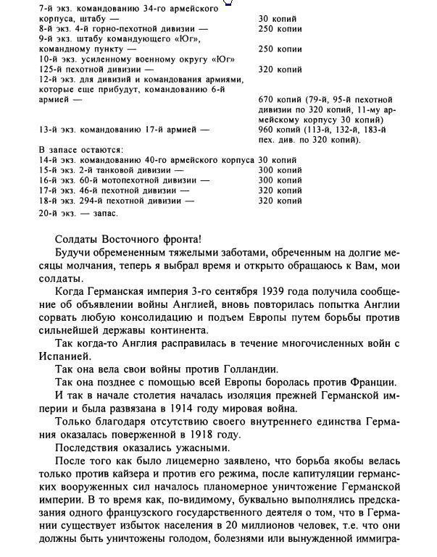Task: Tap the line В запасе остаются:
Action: [x=80, y=150]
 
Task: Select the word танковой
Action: [x=112, y=169]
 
